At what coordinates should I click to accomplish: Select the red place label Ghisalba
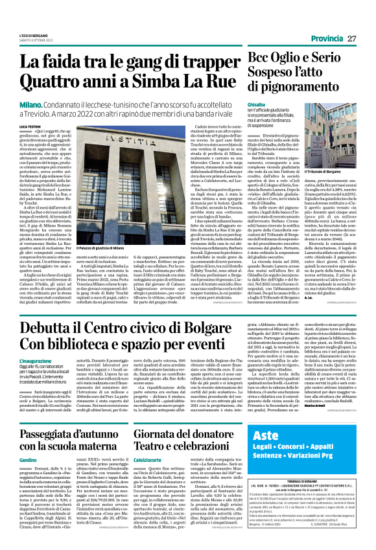click(259, 105)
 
